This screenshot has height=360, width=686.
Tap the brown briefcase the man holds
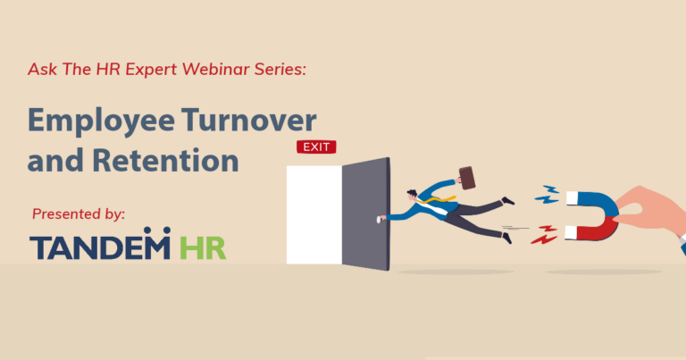468,175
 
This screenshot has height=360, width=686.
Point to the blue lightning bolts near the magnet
547,194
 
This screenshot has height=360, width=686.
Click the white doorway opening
314,214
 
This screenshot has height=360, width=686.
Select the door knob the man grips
385,217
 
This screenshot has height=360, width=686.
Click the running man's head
413,195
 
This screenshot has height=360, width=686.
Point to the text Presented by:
78,214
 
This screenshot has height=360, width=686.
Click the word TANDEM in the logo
99,247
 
